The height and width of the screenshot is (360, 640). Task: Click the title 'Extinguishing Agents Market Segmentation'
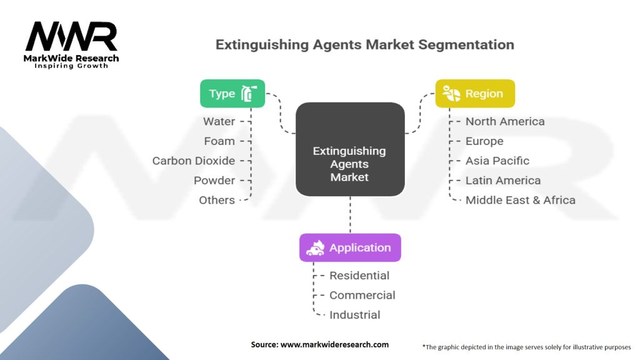coord(365,45)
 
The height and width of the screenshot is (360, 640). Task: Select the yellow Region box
coord(475,94)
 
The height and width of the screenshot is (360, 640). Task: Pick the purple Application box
coord(350,247)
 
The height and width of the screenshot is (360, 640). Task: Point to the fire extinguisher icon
coord(249,94)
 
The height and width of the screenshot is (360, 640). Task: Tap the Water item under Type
coord(219,121)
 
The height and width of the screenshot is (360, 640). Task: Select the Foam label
coord(219,141)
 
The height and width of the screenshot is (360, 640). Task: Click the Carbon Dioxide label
coord(194,161)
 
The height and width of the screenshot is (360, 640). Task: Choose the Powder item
coord(214,181)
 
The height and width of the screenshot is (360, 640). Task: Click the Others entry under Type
coord(217,200)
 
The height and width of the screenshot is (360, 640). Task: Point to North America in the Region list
coord(505,121)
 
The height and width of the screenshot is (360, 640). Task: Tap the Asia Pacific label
coord(497,161)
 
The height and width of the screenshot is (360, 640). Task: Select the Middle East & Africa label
coord(520,200)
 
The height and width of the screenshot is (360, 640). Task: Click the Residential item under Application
coord(359,276)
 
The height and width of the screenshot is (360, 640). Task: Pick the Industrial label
coord(354,315)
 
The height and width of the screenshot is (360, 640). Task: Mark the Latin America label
coord(503,181)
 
